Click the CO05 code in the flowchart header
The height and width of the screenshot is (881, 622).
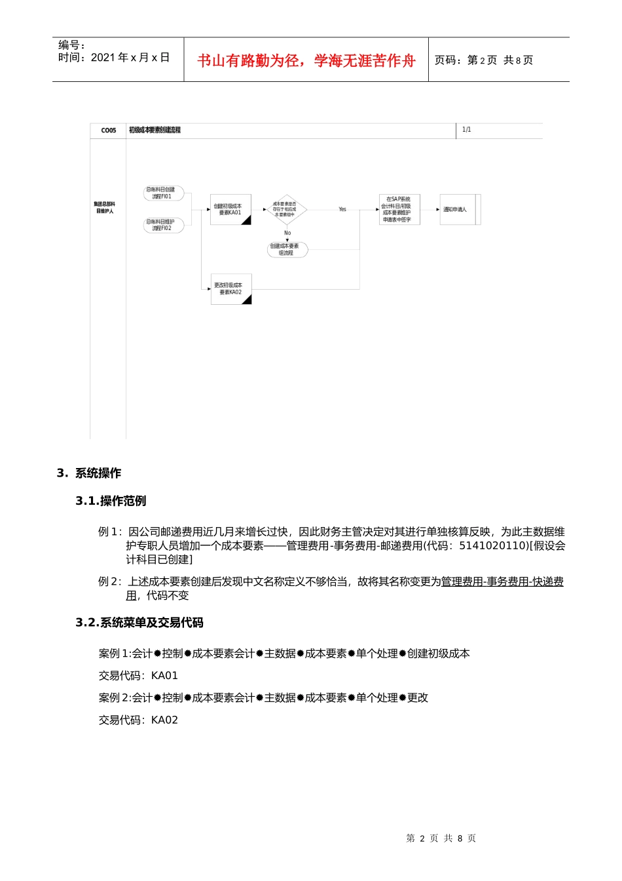[108, 130]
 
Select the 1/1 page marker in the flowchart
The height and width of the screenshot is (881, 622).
[466, 130]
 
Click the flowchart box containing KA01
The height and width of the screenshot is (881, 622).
[230, 210]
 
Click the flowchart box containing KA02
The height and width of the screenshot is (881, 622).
[230, 289]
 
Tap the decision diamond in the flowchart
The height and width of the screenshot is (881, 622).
[285, 210]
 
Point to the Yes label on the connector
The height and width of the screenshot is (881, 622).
[342, 210]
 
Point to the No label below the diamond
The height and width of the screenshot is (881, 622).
[287, 233]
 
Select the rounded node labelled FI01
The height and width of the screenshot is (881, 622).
[162, 193]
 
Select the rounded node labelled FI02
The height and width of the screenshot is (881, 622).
[162, 225]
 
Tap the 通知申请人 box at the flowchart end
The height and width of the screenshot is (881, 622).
[456, 210]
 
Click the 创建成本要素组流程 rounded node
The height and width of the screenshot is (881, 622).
[286, 250]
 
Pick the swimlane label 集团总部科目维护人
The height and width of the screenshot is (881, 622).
[105, 208]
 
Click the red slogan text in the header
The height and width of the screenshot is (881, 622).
[306, 61]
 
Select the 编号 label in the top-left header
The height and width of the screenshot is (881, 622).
[70, 45]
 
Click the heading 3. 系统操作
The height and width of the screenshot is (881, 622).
[89, 473]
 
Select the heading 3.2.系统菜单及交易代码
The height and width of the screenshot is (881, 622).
[139, 623]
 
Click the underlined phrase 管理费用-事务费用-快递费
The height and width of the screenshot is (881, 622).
[502, 582]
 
